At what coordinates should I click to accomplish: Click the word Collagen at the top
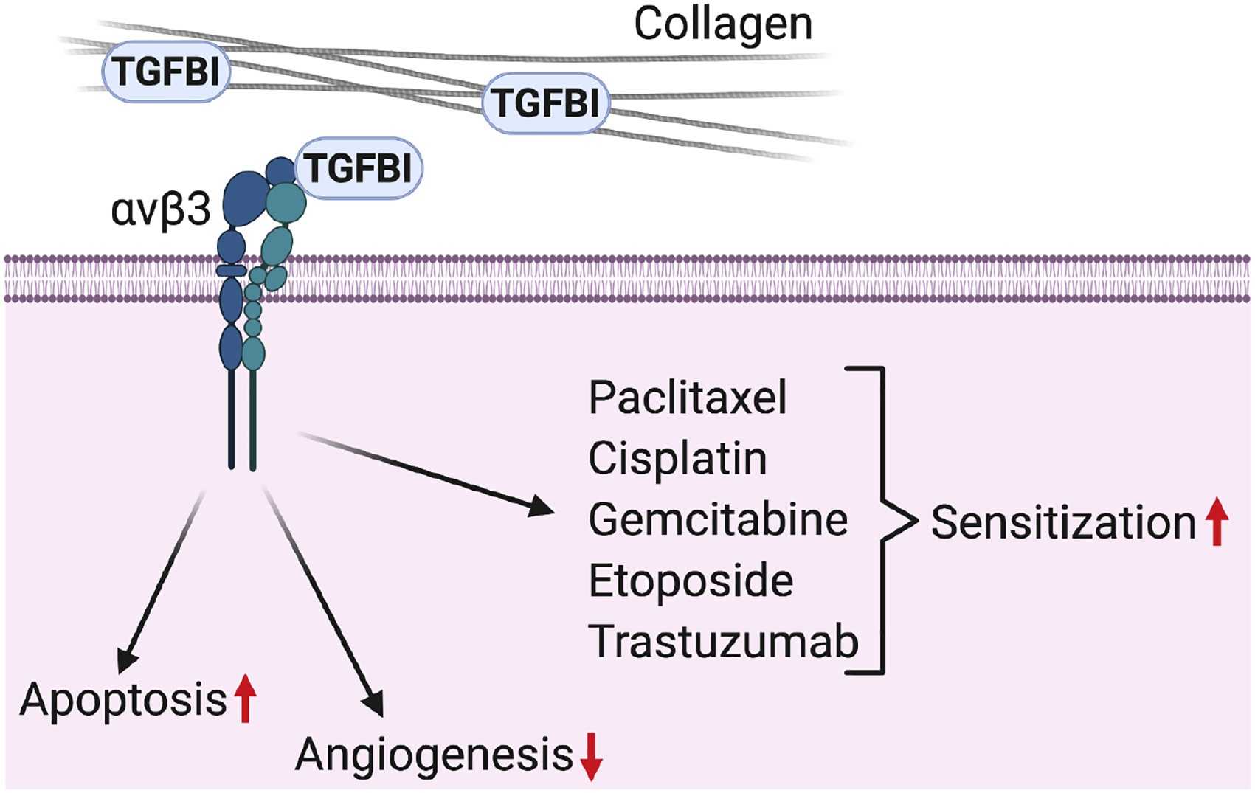pos(722,24)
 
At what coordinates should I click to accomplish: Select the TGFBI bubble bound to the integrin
pos(359,168)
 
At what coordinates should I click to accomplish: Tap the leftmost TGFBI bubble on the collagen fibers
pos(166,72)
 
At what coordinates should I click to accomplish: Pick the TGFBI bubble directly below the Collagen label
pos(546,103)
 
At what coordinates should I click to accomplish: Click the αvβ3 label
pos(161,210)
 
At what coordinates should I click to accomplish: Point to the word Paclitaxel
pos(688,398)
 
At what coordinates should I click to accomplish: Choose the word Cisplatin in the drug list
pos(677,459)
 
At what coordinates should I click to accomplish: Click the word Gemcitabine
pos(718,520)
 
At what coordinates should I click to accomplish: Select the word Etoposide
pos(691,581)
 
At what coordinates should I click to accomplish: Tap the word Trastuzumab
pos(723,642)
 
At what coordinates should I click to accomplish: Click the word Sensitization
pos(1063,523)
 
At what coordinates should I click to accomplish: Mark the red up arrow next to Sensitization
pos(1217,522)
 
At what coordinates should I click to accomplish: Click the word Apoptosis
pos(123,699)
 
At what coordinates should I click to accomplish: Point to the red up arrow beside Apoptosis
pos(246,699)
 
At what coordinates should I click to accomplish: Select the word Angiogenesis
pos(434,755)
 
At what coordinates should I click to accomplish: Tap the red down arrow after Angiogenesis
pos(591,757)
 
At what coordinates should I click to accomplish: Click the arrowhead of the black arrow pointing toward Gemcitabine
pos(542,507)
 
